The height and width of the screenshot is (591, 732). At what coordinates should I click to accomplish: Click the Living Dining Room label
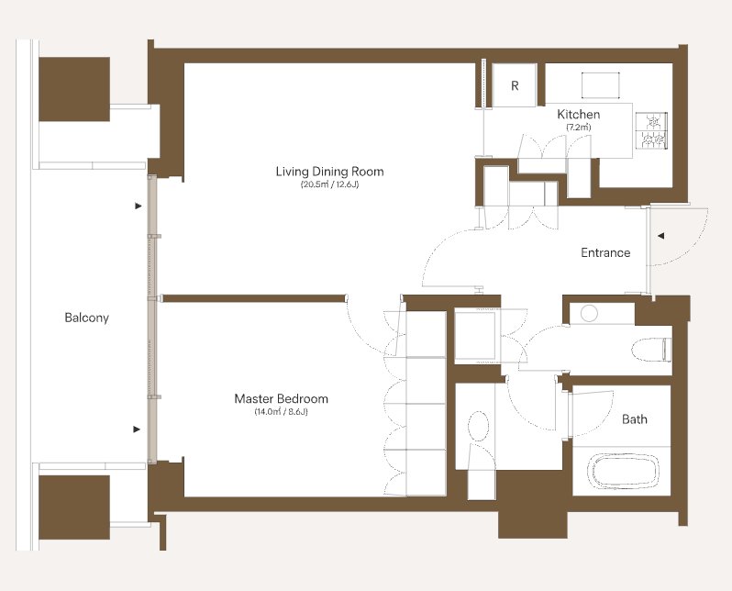tap(329, 172)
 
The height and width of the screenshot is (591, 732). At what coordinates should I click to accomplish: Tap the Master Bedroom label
tap(281, 398)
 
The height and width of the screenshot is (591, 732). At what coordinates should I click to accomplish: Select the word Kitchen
tap(579, 115)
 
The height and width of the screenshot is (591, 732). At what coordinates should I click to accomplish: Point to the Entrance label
tap(605, 252)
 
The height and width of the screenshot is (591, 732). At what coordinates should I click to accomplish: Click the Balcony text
tap(87, 318)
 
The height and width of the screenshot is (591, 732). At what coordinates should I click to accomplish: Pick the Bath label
tap(635, 419)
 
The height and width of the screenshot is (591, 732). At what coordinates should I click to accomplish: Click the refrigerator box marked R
tap(515, 85)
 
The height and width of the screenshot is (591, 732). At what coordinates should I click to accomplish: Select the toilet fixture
tap(651, 350)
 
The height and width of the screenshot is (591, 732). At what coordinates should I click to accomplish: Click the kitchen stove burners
tap(651, 130)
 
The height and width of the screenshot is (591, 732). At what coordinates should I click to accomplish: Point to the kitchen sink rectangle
tap(600, 85)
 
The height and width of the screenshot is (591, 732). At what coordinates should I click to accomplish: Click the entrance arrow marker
tap(660, 236)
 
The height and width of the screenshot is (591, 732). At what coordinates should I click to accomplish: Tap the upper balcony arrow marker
tap(139, 206)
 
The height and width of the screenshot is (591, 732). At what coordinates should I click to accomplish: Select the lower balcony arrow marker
tap(137, 429)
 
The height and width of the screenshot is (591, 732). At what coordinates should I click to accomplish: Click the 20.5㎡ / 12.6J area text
tap(329, 184)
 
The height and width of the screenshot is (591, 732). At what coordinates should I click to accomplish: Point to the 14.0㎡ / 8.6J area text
tap(281, 412)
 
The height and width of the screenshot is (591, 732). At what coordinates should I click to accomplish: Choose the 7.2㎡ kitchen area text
tap(579, 127)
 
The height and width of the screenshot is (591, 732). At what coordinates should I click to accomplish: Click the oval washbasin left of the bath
tap(479, 426)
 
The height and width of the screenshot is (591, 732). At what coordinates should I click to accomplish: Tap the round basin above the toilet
tap(589, 313)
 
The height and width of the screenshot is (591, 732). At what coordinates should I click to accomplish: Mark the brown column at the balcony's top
tap(74, 89)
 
